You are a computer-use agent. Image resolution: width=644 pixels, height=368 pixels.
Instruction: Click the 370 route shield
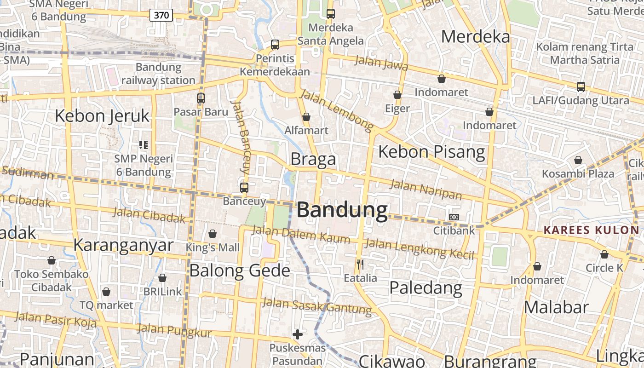coord(161,15)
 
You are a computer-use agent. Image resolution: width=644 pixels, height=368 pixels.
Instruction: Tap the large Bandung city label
coord(342,210)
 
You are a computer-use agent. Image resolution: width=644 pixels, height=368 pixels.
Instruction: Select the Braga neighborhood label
coord(313,159)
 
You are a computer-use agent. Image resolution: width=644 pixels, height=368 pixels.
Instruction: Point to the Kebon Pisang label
coord(431,151)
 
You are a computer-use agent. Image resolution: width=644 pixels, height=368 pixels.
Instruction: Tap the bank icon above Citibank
coord(454,217)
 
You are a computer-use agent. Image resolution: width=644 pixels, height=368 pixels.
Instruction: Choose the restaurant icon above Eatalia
coord(360,264)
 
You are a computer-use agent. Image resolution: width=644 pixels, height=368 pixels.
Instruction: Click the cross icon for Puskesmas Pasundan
coord(298,334)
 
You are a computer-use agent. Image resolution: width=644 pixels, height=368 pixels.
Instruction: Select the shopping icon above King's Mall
coord(213,234)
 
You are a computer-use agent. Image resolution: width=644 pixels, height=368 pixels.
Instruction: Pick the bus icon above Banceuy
coord(244,188)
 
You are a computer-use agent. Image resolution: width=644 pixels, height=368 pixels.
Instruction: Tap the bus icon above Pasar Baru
coord(201,98)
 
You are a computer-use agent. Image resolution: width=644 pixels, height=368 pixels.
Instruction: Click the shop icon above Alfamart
coord(306,117)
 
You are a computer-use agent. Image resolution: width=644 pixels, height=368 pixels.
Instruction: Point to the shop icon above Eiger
coord(397,95)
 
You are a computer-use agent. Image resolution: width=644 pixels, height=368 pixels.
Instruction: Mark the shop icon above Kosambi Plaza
coord(578,160)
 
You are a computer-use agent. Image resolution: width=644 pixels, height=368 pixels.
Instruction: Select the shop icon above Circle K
coord(604,254)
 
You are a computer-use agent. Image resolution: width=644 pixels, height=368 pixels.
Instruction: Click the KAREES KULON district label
coord(591,230)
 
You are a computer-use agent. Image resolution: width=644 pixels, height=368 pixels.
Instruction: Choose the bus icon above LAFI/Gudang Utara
coord(581,86)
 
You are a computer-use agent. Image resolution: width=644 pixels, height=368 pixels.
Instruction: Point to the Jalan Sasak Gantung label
coord(317,306)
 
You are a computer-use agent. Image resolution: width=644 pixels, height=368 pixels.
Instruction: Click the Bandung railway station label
coord(159,74)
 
